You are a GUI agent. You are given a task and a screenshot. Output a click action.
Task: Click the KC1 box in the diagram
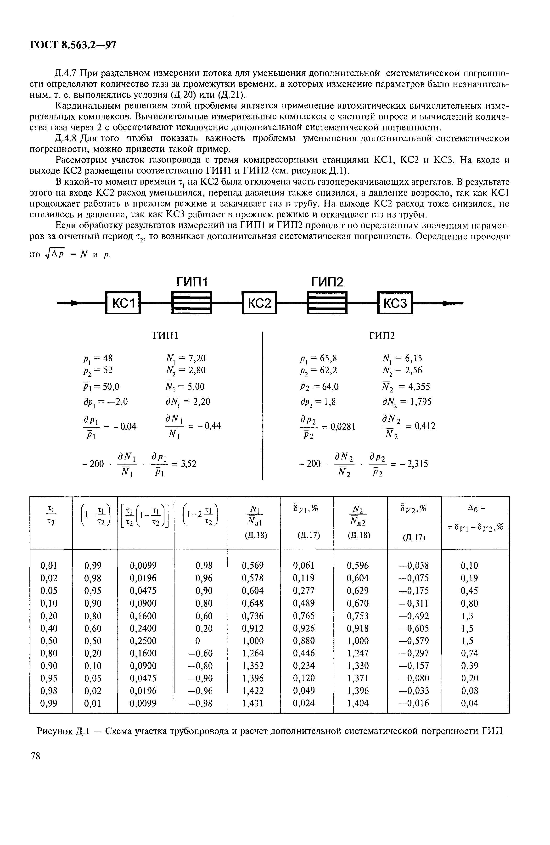(x=123, y=303)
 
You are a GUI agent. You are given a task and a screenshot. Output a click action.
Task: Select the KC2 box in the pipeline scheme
(x=259, y=303)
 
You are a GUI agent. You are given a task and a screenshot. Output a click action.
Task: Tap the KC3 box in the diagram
(x=395, y=303)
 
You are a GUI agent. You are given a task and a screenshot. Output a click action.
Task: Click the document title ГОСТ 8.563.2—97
(x=73, y=45)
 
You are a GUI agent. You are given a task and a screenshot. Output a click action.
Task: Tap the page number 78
(x=35, y=756)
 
